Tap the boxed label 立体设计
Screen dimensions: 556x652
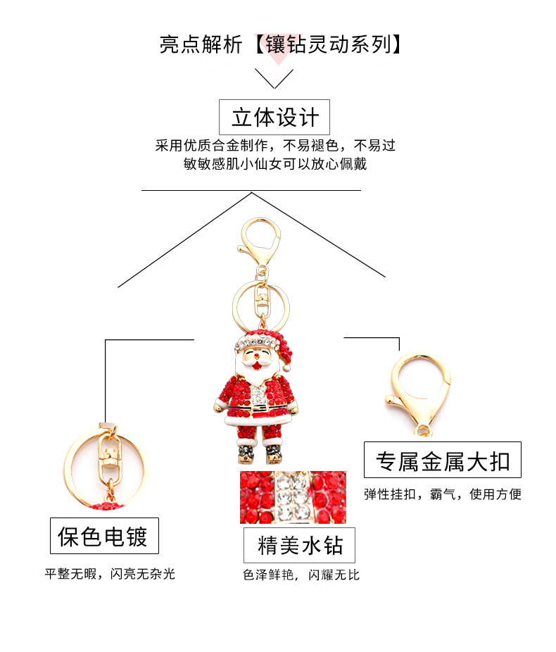coord(274,117)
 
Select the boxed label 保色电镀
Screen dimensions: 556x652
coord(103,537)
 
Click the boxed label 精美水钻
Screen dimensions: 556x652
coord(299,545)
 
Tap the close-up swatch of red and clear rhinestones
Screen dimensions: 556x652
coord(293,497)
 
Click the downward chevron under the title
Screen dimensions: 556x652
coord(274,78)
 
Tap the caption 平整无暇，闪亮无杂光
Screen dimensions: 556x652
coord(110,574)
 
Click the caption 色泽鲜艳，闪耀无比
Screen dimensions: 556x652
coord(301,575)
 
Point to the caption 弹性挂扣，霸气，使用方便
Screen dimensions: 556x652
coord(442,494)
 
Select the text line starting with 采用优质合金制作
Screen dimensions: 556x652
coord(275,146)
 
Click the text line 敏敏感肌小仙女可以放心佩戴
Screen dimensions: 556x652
coord(274,164)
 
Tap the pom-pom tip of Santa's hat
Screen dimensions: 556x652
coord(287,363)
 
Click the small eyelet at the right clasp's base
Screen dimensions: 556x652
coord(423,429)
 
